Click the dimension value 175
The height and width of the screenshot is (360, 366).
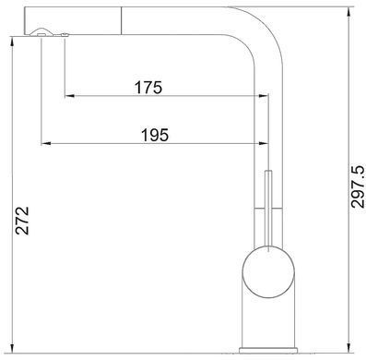[148, 88]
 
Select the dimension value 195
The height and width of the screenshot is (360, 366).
[155, 135]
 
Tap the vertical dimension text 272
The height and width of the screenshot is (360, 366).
[22, 221]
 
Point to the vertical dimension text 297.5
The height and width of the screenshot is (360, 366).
[358, 186]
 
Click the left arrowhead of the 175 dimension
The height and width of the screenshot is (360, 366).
[69, 96]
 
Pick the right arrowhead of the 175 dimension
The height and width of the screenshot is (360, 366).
[264, 96]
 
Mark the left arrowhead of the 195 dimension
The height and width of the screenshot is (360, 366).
[46, 143]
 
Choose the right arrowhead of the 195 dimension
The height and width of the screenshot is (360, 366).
[264, 143]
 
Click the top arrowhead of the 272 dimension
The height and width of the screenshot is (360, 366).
[12, 42]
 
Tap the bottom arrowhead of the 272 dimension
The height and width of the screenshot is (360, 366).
[12, 348]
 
